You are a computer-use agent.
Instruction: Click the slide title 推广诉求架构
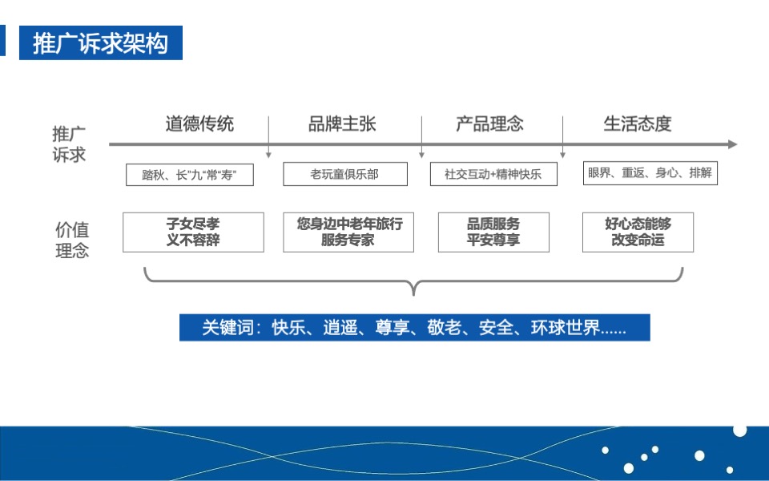click(x=101, y=43)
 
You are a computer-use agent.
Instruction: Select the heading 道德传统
click(x=199, y=123)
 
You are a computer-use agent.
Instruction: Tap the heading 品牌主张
click(x=342, y=123)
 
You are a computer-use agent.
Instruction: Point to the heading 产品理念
click(x=489, y=123)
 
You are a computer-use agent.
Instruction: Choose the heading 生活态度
click(x=637, y=123)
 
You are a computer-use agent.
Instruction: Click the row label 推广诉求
click(x=69, y=144)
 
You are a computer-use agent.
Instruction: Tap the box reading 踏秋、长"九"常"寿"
click(x=190, y=175)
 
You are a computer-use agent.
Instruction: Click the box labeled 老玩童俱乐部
click(x=344, y=174)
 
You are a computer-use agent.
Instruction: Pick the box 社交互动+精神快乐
click(x=493, y=175)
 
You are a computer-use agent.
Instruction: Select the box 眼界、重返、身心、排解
click(x=650, y=173)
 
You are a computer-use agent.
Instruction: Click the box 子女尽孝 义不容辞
click(x=193, y=232)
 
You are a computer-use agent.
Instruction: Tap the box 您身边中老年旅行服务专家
click(x=348, y=232)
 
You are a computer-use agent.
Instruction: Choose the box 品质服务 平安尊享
click(x=493, y=232)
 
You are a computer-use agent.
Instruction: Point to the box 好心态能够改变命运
click(x=638, y=232)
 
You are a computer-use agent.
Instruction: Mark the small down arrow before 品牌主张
click(x=268, y=152)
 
